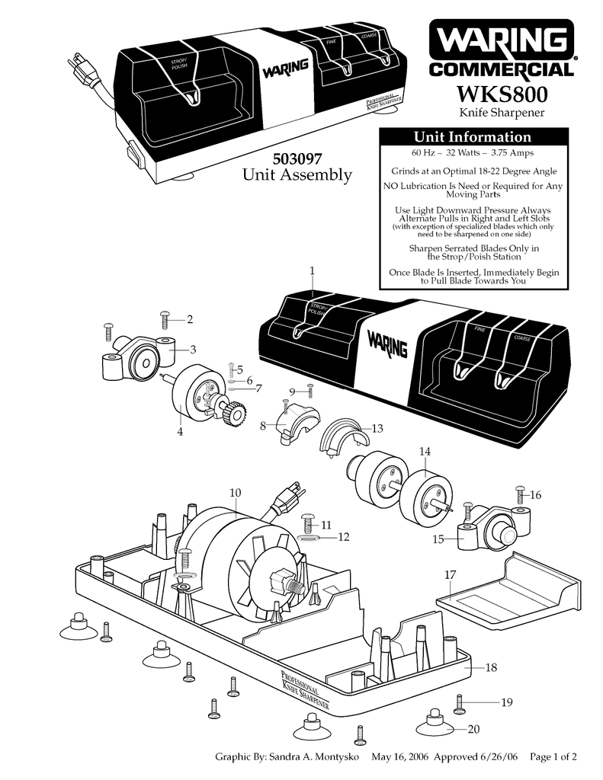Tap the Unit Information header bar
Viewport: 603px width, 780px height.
click(472, 137)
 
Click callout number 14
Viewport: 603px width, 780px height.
click(425, 452)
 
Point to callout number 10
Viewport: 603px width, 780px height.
click(235, 492)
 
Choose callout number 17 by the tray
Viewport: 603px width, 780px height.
click(450, 574)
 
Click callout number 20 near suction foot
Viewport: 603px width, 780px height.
click(473, 729)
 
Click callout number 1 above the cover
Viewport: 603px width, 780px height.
click(312, 271)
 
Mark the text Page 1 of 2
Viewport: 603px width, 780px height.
click(553, 757)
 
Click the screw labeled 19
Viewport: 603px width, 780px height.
click(459, 703)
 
